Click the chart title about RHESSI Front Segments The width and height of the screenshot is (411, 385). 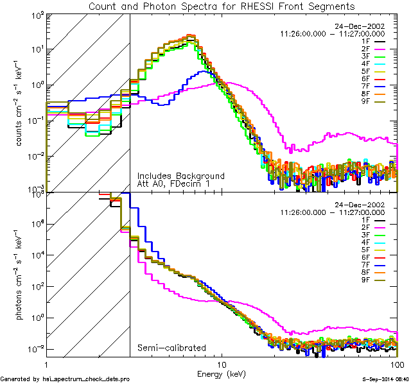point(221,6)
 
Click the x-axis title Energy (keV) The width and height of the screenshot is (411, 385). point(221,373)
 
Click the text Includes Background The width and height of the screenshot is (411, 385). point(180,176)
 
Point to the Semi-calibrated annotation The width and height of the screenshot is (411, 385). point(171,348)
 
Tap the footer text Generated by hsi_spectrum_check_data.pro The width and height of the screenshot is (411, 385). point(65,379)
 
